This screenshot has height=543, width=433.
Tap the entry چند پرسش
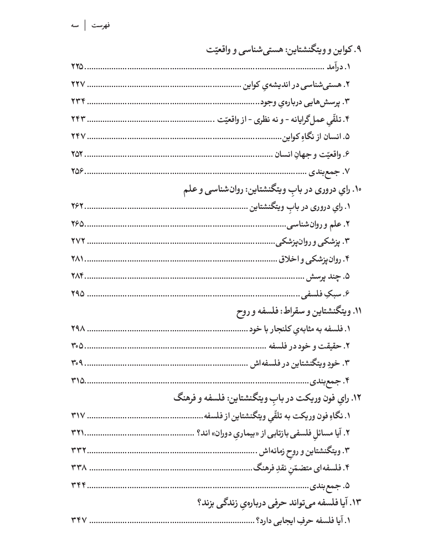(x=330, y=276)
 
